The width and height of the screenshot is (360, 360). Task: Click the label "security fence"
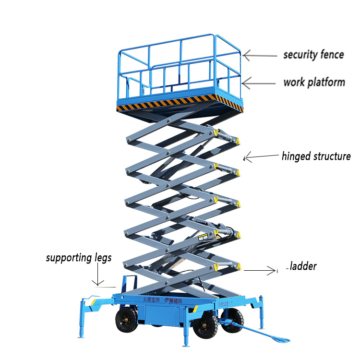313,54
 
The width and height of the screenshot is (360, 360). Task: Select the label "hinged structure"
316,156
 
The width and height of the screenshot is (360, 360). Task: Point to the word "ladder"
303,266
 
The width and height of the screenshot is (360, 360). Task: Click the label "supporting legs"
79,258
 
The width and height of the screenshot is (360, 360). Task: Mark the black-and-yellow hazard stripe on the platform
180,102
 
